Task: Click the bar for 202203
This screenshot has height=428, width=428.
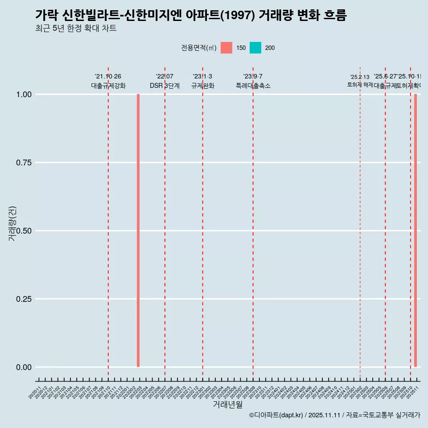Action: pos(138,230)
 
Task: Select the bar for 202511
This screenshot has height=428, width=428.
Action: pos(416,230)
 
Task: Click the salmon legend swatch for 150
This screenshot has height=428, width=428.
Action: pos(226,48)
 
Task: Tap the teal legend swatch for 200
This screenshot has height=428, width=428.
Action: pos(255,48)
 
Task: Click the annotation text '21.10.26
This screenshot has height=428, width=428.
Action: pos(108,76)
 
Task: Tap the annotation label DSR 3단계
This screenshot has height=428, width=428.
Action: pos(165,86)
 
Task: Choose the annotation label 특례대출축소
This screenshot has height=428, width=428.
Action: pos(253,86)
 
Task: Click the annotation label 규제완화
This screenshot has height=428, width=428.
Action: pos(203,86)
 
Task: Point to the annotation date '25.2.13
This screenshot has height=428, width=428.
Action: pos(360,77)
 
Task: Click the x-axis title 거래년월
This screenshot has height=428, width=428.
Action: pos(228,404)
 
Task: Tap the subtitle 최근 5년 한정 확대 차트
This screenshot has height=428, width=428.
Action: pos(76,29)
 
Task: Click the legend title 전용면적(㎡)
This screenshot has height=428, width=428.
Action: pos(199,48)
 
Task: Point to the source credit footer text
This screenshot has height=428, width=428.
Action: pos(334,415)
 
